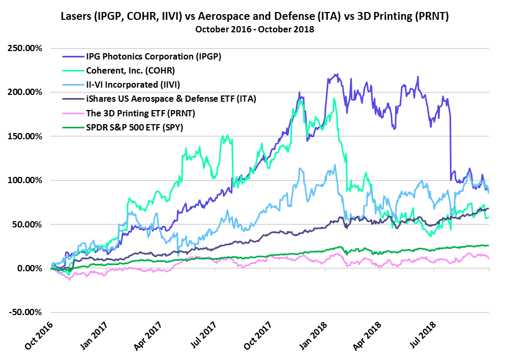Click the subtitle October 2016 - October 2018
click(x=254, y=29)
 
